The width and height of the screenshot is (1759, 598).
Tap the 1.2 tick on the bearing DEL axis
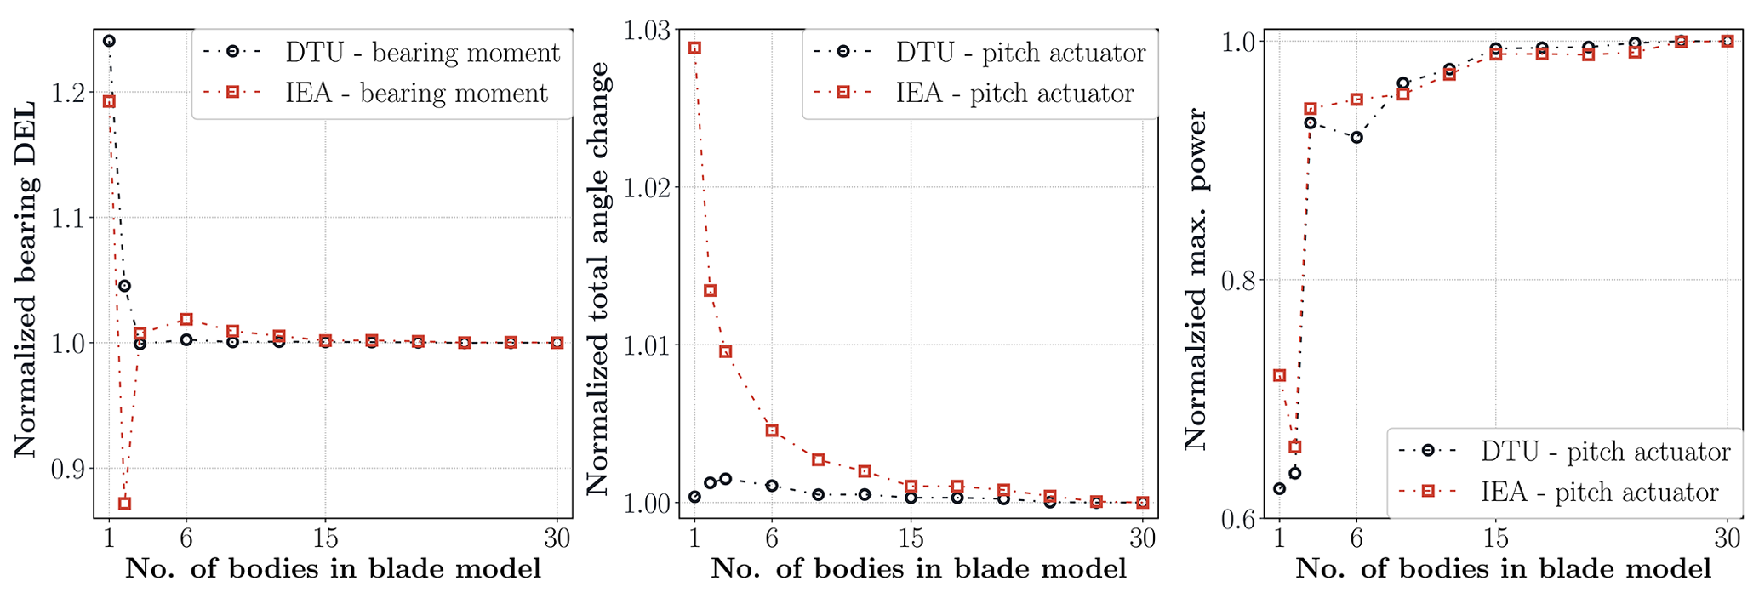click(x=71, y=92)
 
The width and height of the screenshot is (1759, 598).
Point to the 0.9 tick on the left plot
click(x=71, y=469)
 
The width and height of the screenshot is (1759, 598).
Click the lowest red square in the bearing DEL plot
click(x=124, y=504)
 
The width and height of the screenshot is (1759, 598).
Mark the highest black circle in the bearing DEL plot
click(x=109, y=41)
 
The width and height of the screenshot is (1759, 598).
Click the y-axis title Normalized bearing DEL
click(x=26, y=279)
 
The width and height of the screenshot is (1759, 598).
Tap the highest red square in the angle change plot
click(x=694, y=48)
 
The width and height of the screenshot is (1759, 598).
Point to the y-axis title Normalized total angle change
click(x=598, y=279)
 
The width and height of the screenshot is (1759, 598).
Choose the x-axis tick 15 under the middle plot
click(x=911, y=538)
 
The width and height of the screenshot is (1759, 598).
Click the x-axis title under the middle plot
click(x=918, y=569)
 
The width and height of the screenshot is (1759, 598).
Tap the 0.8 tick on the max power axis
click(x=1242, y=280)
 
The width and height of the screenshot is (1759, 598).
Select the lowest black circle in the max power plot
click(x=1279, y=489)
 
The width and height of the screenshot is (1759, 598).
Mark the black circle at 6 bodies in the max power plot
click(x=1356, y=137)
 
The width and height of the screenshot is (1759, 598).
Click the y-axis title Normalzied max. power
click(x=1196, y=279)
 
